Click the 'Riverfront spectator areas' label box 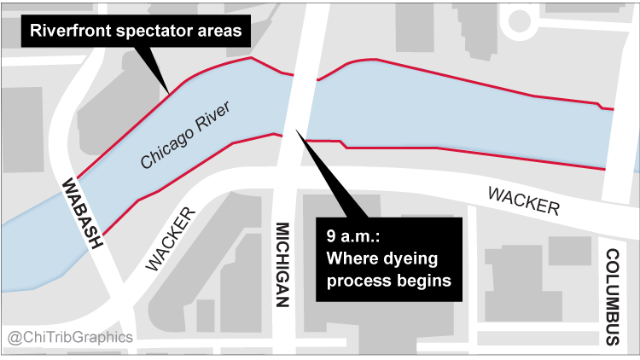(x=137, y=32)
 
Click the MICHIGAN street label (x=284, y=264)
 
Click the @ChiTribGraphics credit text (x=70, y=337)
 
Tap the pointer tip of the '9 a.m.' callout (x=296, y=130)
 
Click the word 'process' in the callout (x=356, y=280)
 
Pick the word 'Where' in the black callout (x=352, y=257)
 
